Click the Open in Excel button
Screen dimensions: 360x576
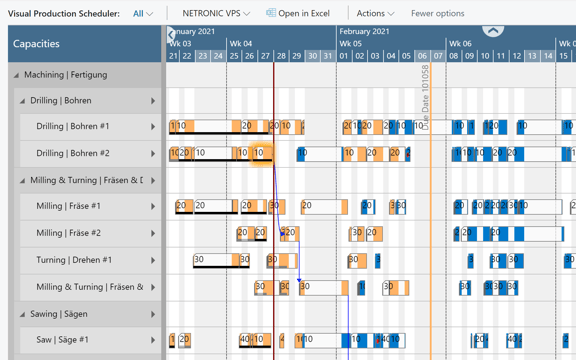click(298, 14)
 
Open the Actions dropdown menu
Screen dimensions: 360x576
click(375, 14)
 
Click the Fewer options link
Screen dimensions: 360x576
click(437, 14)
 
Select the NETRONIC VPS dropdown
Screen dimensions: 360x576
click(216, 14)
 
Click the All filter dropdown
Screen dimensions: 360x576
click(143, 14)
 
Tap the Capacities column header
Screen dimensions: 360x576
click(36, 44)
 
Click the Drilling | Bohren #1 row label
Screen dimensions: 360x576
click(73, 127)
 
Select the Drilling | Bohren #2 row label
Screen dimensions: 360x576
click(73, 154)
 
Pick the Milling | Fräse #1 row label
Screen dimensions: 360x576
click(68, 206)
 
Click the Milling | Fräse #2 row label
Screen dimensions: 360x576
click(68, 233)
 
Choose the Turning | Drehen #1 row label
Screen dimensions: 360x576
click(73, 260)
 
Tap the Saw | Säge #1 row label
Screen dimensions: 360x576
click(62, 340)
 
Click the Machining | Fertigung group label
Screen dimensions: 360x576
click(65, 75)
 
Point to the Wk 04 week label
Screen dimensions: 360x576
click(240, 44)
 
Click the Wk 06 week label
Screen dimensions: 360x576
click(459, 44)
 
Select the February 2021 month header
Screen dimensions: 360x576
click(364, 31)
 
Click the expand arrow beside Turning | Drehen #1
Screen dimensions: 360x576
click(153, 260)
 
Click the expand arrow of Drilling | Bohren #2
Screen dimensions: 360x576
click(153, 154)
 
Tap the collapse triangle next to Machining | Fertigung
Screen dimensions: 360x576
click(16, 75)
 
